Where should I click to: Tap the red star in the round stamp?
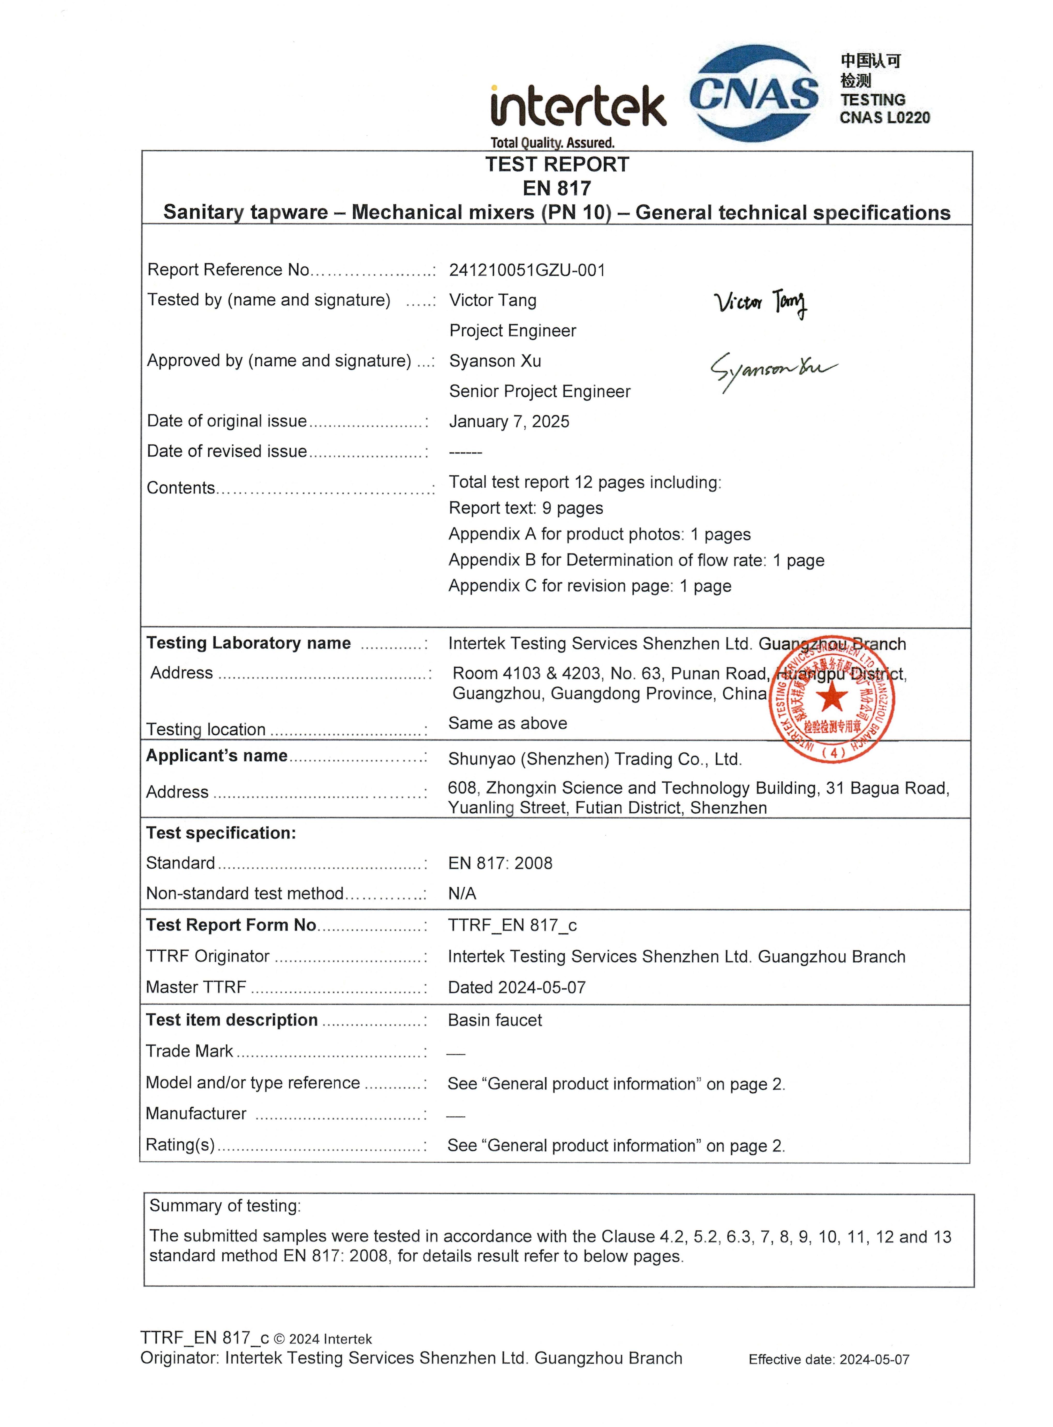click(832, 698)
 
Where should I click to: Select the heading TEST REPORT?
click(556, 164)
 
